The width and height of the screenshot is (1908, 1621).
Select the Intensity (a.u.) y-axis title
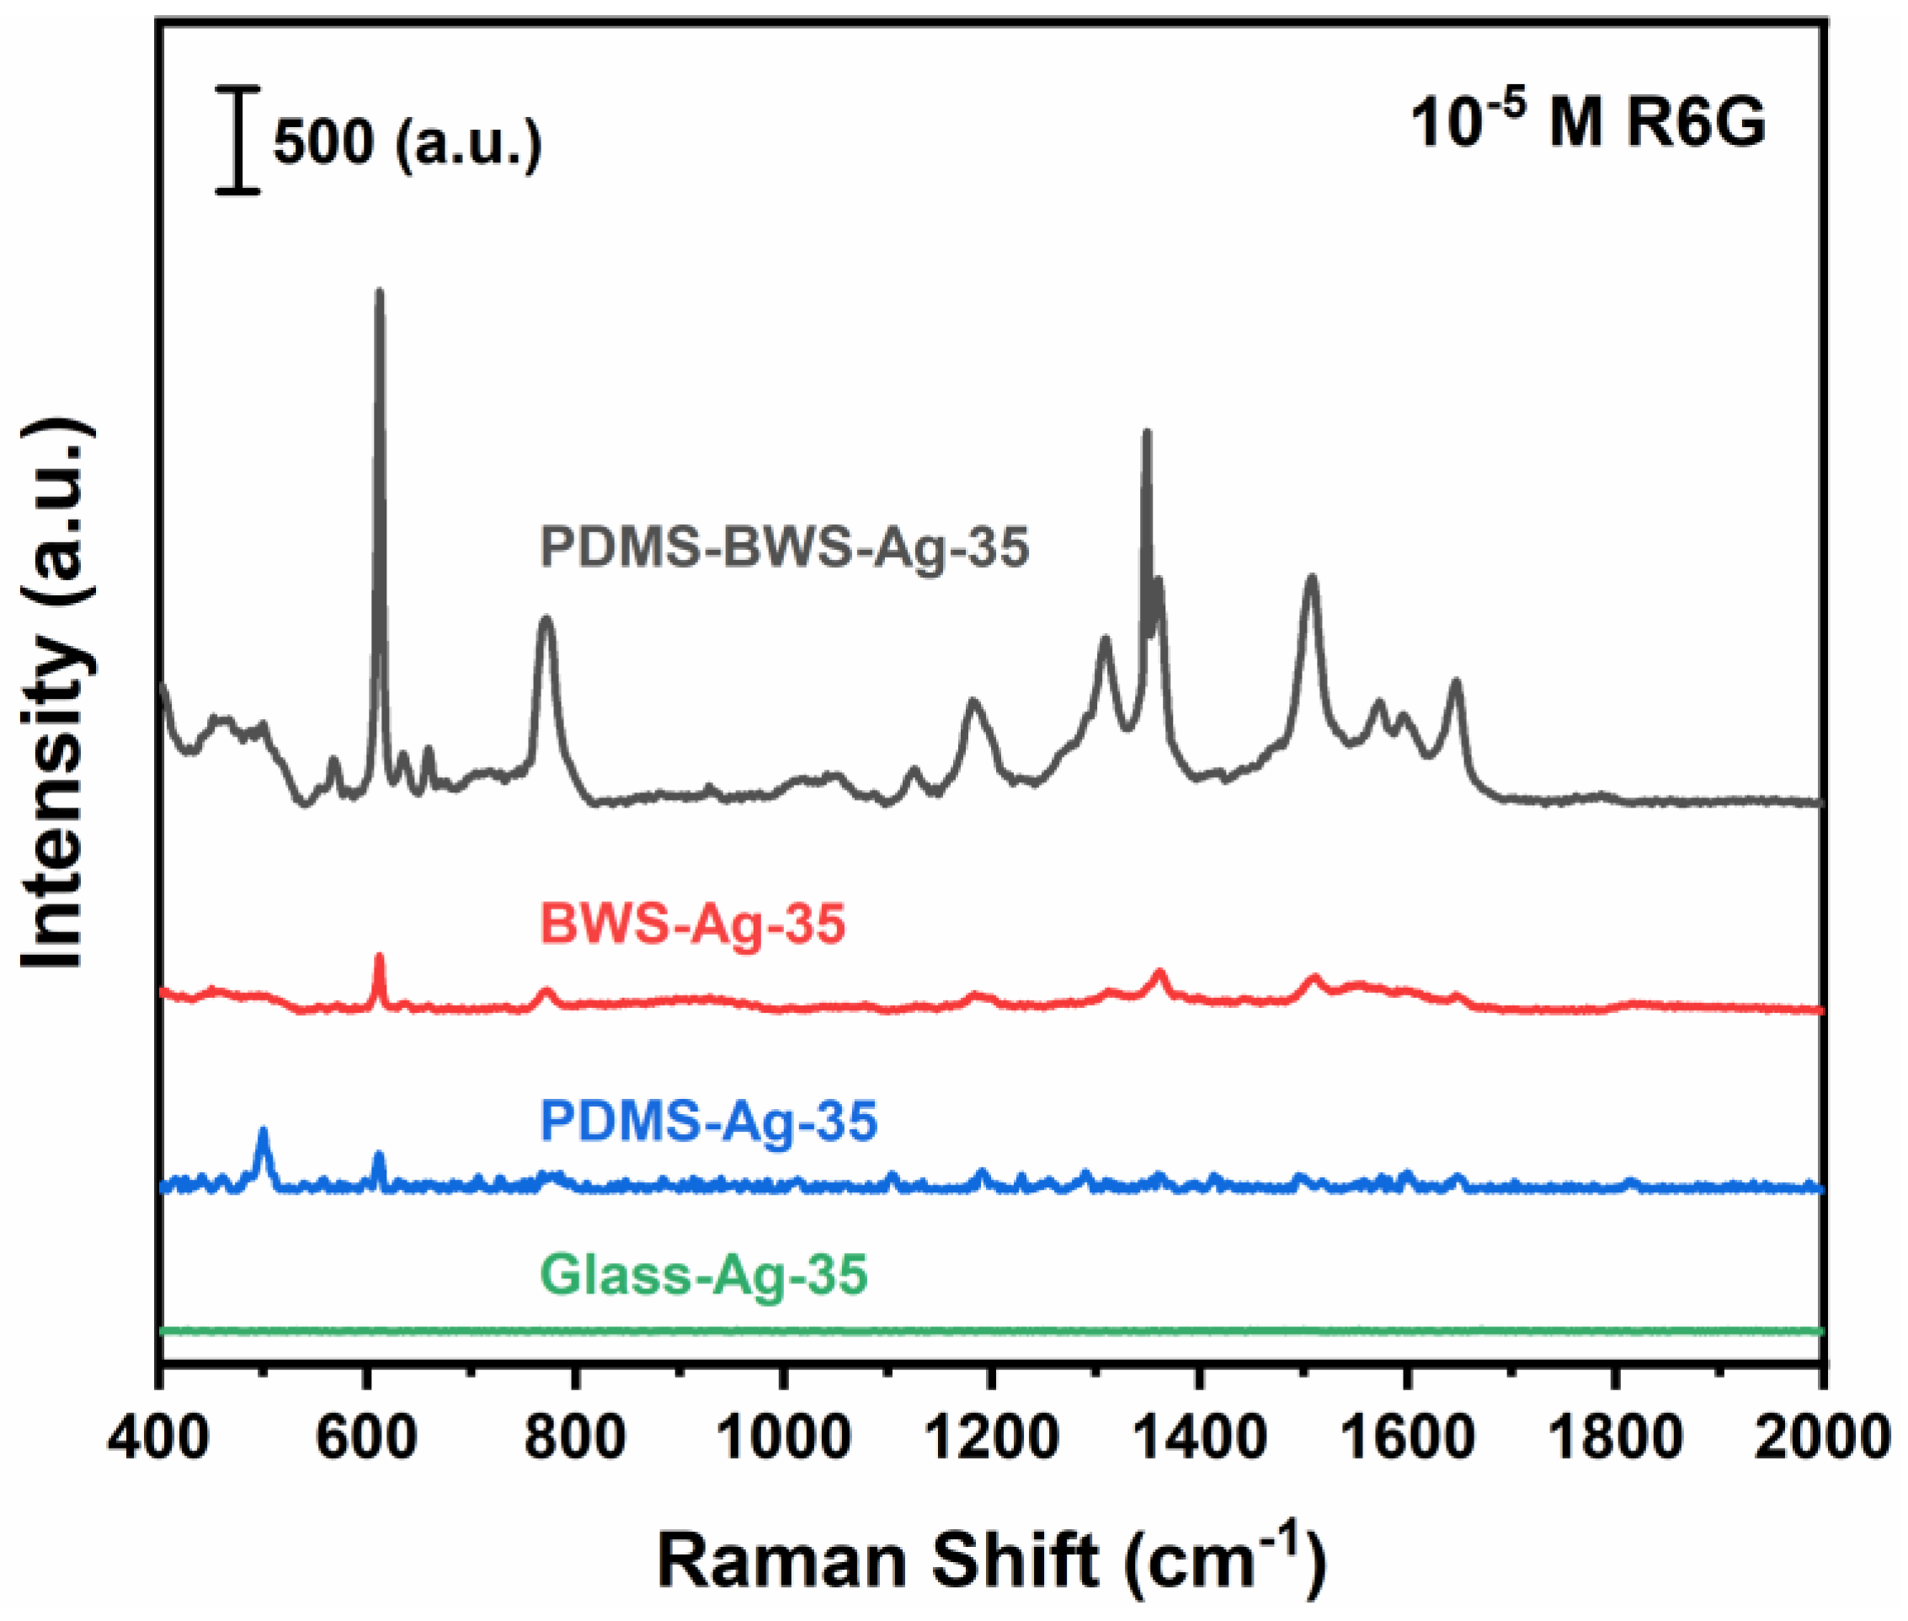tap(57, 695)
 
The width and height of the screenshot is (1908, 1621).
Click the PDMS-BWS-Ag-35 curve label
tap(784, 547)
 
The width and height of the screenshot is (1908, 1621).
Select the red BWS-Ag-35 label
tap(692, 924)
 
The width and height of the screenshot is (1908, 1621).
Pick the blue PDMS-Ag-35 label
tap(708, 1121)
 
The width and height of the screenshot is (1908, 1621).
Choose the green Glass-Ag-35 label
tap(703, 1275)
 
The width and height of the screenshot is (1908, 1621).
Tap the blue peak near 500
tap(264, 1132)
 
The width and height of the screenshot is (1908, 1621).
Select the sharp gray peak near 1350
tap(1145, 434)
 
